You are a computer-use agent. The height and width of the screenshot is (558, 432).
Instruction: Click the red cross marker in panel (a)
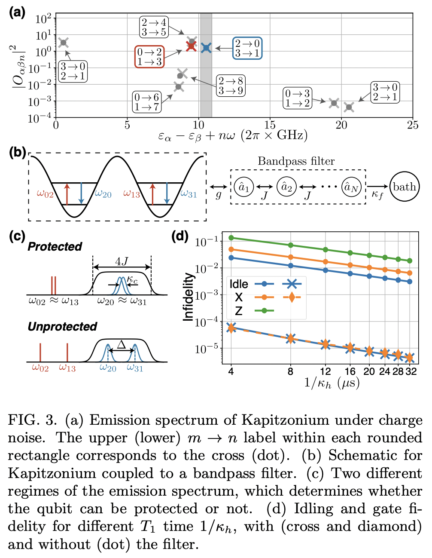(192, 46)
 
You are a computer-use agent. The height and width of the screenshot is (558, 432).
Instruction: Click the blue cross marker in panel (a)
(206, 48)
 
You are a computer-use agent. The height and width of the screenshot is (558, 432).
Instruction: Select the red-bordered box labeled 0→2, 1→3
(149, 57)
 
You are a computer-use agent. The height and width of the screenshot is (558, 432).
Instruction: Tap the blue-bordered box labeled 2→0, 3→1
(247, 48)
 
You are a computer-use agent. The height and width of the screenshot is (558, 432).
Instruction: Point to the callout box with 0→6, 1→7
(146, 102)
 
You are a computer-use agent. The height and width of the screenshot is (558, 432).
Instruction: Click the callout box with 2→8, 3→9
(231, 86)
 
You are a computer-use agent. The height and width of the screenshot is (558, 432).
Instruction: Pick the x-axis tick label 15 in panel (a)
(270, 125)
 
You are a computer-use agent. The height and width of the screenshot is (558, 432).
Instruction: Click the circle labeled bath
(404, 187)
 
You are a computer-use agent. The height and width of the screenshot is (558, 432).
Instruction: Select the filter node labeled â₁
(244, 187)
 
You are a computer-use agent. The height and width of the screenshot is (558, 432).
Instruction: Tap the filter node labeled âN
(352, 187)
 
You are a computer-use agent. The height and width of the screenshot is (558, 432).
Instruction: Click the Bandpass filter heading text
(296, 161)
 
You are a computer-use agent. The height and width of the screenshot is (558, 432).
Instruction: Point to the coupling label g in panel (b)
(219, 195)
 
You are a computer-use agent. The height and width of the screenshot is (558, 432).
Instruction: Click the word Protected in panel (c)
(55, 247)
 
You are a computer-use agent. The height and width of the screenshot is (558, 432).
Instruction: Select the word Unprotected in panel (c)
(62, 327)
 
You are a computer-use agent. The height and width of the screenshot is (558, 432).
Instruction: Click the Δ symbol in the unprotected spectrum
(122, 344)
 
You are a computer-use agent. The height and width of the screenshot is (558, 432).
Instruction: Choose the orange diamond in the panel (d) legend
(292, 297)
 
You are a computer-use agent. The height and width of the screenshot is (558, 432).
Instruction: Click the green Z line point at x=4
(231, 237)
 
